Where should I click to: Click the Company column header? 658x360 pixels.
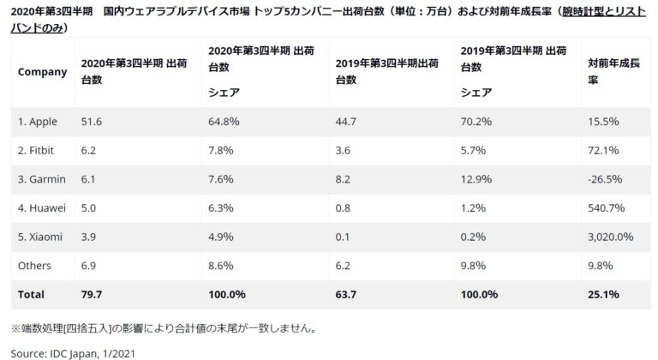tap(42, 72)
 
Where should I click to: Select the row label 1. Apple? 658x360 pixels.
tap(39, 123)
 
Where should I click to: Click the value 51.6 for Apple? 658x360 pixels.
tap(92, 123)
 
